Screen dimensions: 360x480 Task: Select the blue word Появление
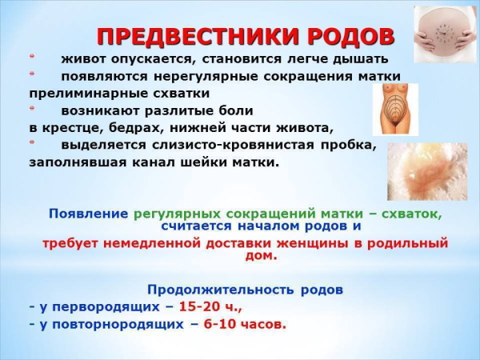88,214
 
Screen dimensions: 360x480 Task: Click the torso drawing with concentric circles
394,109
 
